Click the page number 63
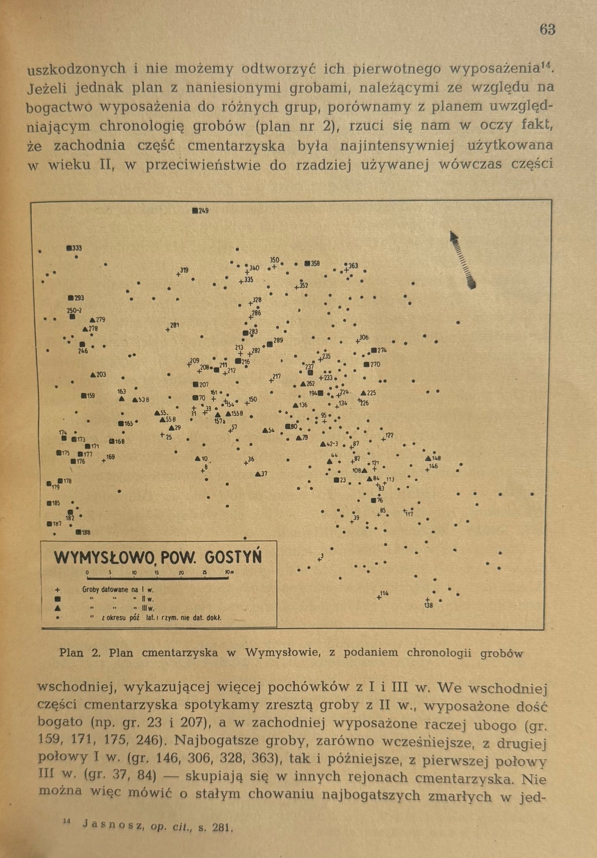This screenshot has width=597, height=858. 547,30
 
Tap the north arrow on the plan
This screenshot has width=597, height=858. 463,259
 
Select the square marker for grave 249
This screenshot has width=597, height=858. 195,210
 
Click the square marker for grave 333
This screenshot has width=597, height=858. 69,248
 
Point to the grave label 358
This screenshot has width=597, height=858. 315,263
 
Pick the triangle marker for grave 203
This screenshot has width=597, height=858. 93,375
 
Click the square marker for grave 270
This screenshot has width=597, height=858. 366,365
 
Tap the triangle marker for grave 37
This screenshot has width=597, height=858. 258,473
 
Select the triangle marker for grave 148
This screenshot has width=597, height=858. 428,459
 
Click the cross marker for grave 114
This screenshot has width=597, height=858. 379,597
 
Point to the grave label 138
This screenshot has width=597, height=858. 428,606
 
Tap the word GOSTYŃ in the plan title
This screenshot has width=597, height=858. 233,557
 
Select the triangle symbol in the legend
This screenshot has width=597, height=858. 58,608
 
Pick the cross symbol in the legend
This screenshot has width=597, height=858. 58,590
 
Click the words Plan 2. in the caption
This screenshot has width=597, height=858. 80,653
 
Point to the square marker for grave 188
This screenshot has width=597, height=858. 78,532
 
